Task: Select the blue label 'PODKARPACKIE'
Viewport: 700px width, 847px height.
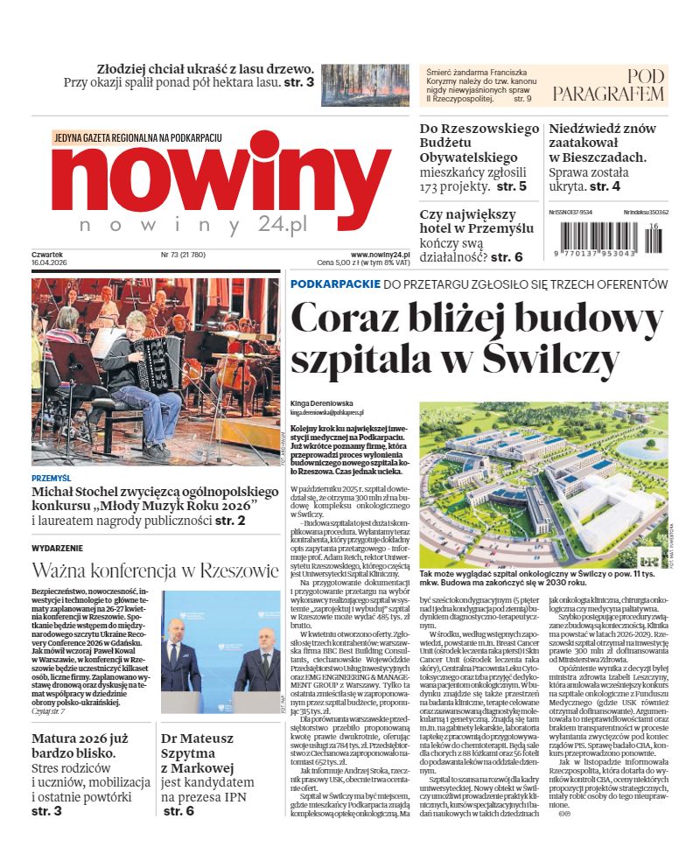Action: [335, 284]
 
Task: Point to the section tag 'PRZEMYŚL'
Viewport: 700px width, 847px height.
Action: [51, 479]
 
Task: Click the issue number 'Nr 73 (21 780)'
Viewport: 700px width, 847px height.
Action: [182, 255]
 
